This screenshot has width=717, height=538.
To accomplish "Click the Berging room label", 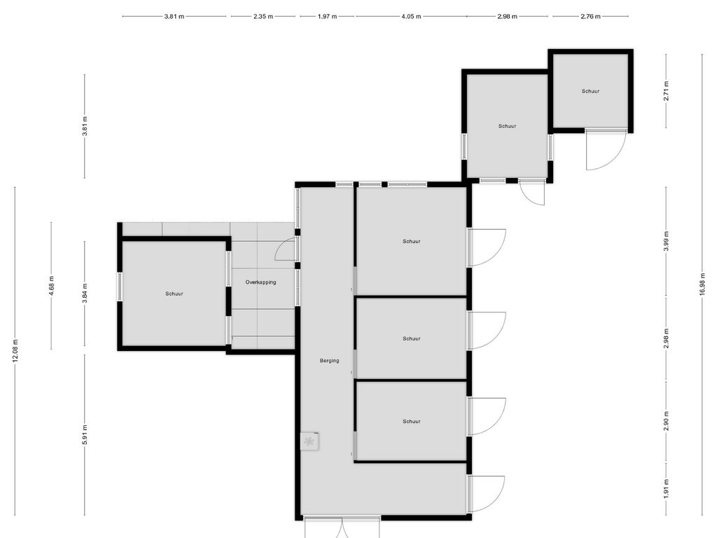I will (329, 361).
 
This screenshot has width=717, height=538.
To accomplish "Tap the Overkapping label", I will (260, 282).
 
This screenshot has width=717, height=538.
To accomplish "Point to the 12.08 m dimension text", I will (15, 350).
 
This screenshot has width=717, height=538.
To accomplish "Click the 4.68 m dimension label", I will (51, 285).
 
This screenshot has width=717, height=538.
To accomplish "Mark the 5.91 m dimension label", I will (85, 434).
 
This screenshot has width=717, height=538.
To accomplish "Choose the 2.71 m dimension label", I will (666, 92).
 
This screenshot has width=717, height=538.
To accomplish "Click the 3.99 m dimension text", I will (666, 240).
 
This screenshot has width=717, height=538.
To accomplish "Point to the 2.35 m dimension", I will (263, 16).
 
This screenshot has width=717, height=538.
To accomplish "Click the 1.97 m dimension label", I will (327, 16).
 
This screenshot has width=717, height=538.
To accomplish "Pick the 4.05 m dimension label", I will (411, 16).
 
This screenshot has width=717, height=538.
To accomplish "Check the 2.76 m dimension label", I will (590, 16).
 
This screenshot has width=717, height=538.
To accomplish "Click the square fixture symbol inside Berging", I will (309, 441).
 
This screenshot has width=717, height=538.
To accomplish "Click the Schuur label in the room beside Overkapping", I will (174, 294).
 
